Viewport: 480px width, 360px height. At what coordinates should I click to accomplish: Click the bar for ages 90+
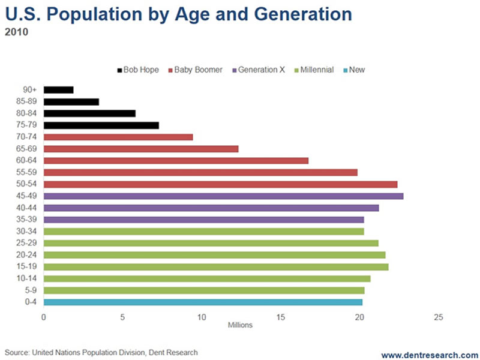click(x=58, y=90)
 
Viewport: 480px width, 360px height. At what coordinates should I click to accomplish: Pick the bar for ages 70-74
click(x=118, y=137)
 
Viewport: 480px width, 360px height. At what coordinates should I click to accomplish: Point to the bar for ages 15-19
click(x=216, y=267)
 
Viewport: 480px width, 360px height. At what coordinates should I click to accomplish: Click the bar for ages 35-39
click(x=203, y=220)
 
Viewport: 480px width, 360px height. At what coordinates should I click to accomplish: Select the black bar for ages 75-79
click(x=101, y=125)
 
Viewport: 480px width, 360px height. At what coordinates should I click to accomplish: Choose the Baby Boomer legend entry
click(x=196, y=70)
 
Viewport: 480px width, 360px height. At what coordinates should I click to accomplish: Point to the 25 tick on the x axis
click(x=439, y=317)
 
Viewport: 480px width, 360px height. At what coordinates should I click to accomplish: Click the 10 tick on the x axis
click(x=202, y=317)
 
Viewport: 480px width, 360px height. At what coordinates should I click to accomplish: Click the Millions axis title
click(x=240, y=326)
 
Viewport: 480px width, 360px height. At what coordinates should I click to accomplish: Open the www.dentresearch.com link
click(x=430, y=354)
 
